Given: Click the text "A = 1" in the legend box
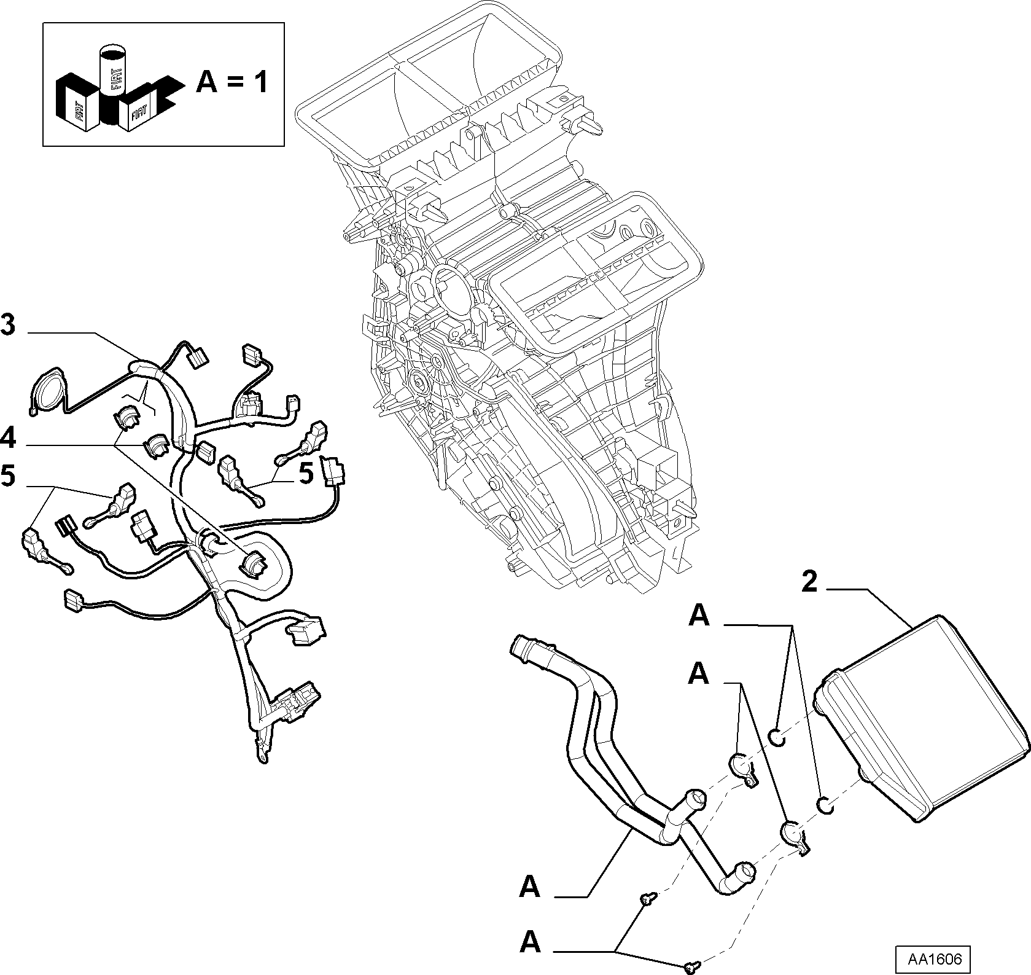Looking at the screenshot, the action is point(232,81).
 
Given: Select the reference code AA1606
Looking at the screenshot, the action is point(932,958).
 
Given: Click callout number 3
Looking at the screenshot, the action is point(8,325).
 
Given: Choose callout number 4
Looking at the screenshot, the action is point(8,439).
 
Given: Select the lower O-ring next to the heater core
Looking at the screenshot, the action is point(825,803).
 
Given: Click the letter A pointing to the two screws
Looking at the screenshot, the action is point(530,942).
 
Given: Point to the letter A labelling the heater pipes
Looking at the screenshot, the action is point(530,887).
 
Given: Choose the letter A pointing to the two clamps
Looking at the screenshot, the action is point(699,673).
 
